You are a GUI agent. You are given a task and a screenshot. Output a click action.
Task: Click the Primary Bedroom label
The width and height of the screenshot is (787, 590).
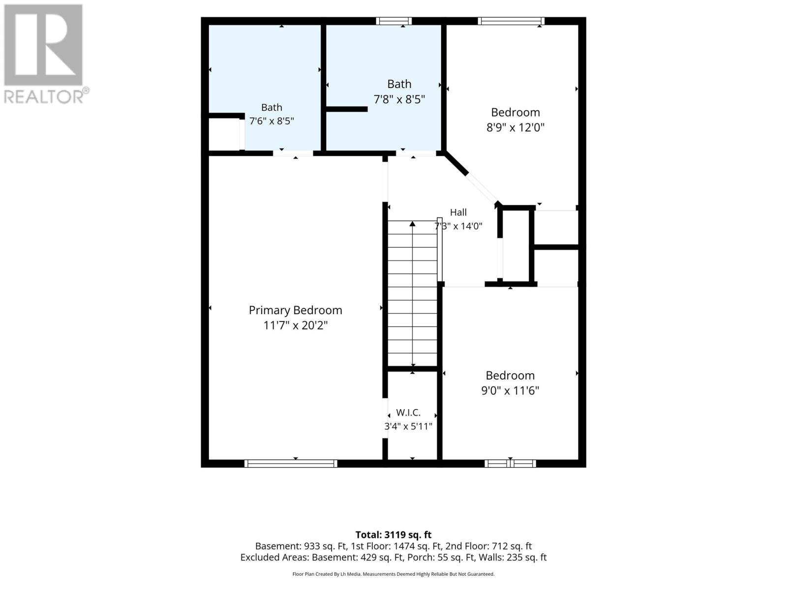pos(295,310)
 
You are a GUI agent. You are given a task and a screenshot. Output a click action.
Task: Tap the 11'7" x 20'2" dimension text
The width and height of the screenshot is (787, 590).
pos(296,325)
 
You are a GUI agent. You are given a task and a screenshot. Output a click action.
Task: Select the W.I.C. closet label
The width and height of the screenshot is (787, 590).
pos(408,413)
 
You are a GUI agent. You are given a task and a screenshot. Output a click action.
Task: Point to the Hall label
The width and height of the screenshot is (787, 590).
pos(458,212)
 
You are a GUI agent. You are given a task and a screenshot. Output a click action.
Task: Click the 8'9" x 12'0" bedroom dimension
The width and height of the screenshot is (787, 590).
pos(515,127)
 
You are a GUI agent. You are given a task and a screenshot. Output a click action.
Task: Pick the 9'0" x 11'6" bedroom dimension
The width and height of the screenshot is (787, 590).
pos(510,390)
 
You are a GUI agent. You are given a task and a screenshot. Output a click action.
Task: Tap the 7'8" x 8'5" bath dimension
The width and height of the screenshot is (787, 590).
pos(399,99)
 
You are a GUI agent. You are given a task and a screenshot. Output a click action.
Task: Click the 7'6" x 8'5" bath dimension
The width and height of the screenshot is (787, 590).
pos(272,121)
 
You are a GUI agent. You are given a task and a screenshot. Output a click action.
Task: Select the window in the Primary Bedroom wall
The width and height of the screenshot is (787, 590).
pos(291,464)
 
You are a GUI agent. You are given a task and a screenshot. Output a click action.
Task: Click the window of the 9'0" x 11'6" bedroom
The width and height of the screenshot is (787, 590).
pos(510,464)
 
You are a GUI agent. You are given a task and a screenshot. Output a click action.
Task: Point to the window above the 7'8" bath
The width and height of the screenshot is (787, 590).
pos(393,21)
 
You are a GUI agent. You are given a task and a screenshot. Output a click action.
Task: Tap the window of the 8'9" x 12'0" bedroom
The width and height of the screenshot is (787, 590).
pos(511,21)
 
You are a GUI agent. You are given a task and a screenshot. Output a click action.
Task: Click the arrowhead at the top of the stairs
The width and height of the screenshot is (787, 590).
pos(412,224)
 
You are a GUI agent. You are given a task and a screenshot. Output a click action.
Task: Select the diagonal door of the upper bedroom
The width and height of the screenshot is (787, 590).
pos(482,189)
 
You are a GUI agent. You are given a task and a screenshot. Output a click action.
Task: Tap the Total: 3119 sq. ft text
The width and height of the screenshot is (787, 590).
pos(393,535)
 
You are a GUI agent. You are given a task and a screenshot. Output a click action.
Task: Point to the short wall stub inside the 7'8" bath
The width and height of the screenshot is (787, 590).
pos(347,109)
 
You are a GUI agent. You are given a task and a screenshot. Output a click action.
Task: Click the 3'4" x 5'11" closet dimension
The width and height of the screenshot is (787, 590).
pos(408,426)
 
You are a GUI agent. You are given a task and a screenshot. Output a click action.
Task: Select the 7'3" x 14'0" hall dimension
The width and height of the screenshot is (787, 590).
pos(458,226)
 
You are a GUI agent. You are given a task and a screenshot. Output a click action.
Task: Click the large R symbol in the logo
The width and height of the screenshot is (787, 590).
pos(43,45)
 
